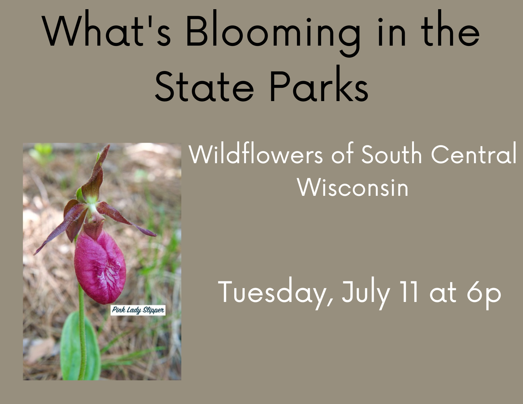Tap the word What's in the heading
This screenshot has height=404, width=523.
click(x=106, y=30)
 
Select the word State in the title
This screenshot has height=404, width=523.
click(x=204, y=86)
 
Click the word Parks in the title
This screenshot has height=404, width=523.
click(x=319, y=83)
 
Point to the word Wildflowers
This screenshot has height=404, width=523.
click(x=255, y=153)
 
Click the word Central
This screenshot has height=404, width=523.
click(x=474, y=153)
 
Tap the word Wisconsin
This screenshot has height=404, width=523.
click(x=353, y=188)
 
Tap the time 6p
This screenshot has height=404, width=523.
click(x=484, y=295)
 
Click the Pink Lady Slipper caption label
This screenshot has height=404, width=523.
click(x=138, y=310)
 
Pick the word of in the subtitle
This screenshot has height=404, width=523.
click(x=343, y=153)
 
